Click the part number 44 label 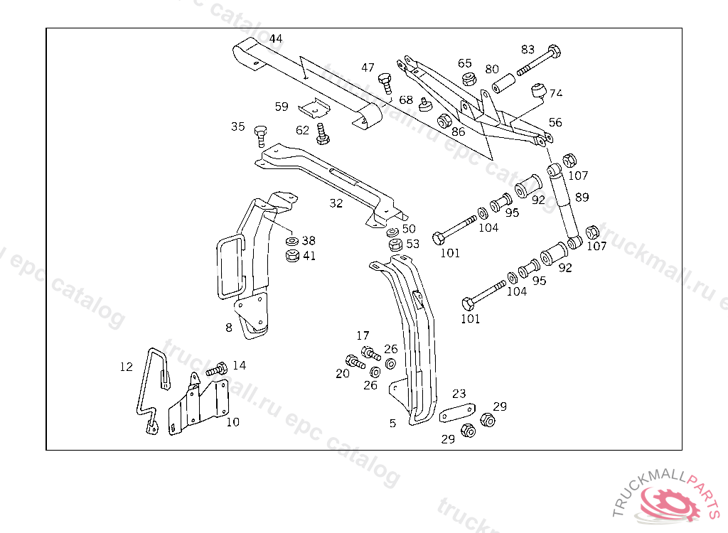(x=276, y=38)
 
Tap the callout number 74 (x=555, y=93)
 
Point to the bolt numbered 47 (x=386, y=83)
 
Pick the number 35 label (x=237, y=126)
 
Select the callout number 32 (x=336, y=203)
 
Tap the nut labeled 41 (x=291, y=255)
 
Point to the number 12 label (x=126, y=367)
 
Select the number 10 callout (x=232, y=421)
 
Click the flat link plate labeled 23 (x=457, y=413)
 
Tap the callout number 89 (x=582, y=197)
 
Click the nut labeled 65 (x=468, y=78)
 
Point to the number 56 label (x=555, y=122)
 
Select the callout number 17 (x=363, y=335)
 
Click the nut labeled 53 (x=395, y=245)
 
